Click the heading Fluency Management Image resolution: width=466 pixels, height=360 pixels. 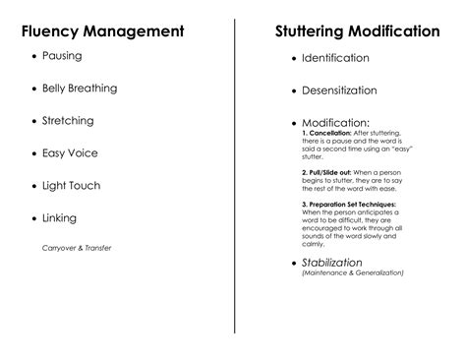click(103, 31)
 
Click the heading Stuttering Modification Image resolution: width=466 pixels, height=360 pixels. click(357, 31)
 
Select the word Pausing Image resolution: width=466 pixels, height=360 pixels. click(62, 56)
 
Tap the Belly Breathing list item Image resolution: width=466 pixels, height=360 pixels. click(79, 89)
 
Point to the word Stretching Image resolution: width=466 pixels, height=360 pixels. click(68, 121)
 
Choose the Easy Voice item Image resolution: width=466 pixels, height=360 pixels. click(70, 153)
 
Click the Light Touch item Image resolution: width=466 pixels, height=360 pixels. click(71, 186)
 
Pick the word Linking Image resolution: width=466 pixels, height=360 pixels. click(59, 218)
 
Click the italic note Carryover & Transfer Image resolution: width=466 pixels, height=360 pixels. click(77, 247)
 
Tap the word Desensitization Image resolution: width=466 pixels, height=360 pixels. click(339, 90)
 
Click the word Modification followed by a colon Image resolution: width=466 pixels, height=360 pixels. click(336, 123)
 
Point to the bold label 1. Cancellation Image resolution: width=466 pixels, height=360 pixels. click(333, 133)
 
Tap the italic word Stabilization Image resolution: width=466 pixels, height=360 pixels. click(332, 263)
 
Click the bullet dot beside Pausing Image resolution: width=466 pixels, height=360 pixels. click(34, 57)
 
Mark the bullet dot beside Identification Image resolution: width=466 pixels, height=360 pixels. click(294, 60)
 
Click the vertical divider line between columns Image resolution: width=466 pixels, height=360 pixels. click(234, 177)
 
